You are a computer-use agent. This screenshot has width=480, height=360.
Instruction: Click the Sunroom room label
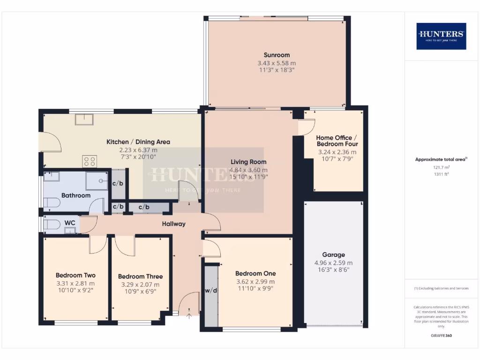[277, 55]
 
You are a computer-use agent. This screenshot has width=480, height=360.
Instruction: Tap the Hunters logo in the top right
[441, 36]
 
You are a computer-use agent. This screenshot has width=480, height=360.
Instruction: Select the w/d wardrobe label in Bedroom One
[211, 291]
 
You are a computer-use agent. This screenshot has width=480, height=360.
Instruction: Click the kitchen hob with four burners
[90, 161]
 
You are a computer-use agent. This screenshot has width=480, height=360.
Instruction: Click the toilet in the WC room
[52, 225]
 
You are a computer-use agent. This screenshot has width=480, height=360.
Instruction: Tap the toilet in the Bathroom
[52, 203]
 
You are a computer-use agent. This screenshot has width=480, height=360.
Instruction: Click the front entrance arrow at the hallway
[189, 315]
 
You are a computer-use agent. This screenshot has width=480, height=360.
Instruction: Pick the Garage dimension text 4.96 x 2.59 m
[333, 263]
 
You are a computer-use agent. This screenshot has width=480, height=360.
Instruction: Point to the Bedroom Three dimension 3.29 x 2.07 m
[140, 285]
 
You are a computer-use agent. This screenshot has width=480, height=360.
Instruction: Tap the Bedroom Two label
[75, 275]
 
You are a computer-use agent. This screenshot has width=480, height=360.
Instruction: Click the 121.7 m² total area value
[441, 167]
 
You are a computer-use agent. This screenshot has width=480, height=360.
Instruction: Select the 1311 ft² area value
[441, 173]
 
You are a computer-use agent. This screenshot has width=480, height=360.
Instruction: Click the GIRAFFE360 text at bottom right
[441, 336]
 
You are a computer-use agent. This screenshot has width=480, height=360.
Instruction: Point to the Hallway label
[174, 224]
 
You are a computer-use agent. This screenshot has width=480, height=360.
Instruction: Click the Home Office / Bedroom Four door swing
[307, 127]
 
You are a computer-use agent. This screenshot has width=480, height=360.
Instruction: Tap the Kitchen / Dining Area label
[138, 142]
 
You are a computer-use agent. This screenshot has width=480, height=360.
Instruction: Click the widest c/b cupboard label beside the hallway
[144, 207]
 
